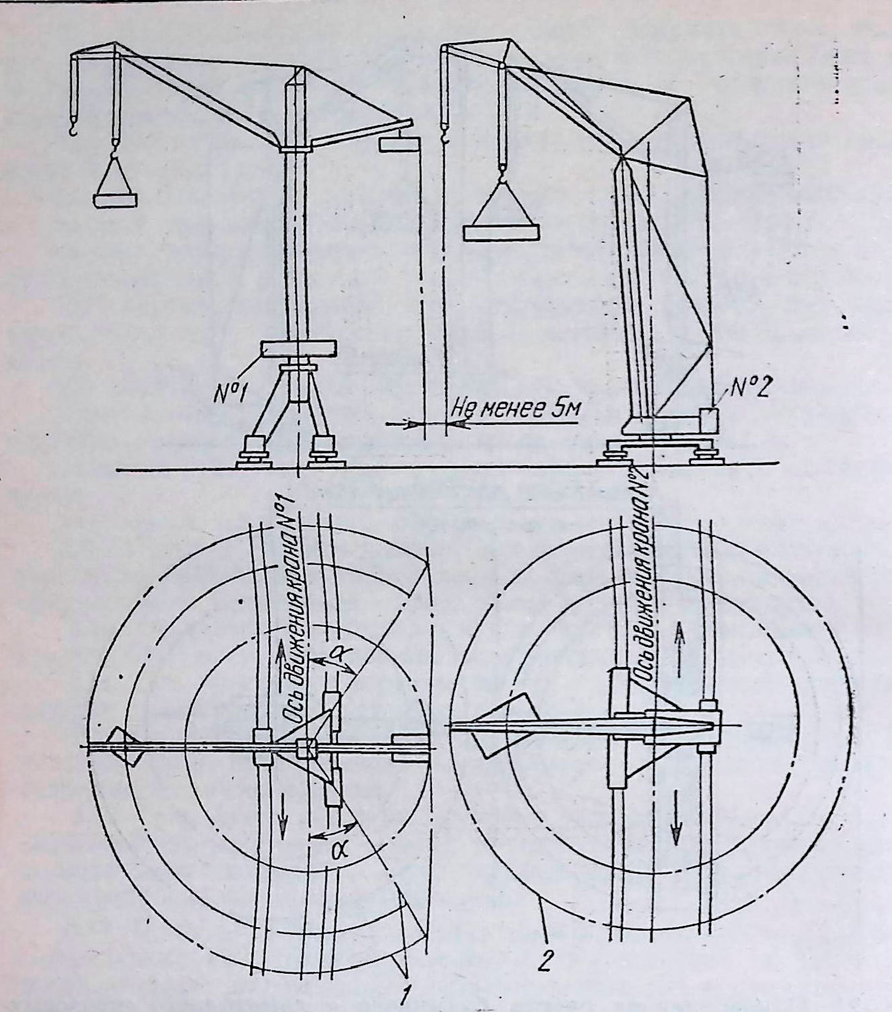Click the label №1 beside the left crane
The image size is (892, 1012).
[229, 395]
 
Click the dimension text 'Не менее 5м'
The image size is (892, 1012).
[516, 411]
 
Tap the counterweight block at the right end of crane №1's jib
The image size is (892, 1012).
[398, 145]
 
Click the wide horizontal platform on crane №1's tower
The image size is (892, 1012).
[298, 349]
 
